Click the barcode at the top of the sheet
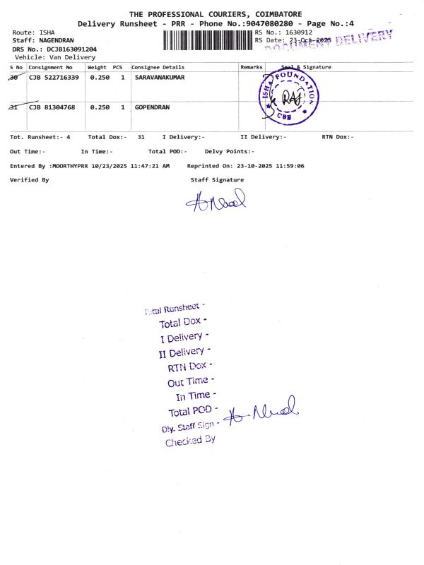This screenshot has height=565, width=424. coord(207,40)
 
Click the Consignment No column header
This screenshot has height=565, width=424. coord(50,67)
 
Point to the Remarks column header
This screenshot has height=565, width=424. coord(252,67)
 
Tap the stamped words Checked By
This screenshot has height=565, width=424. coord(190,441)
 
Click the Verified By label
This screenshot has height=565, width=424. coord(29,180)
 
